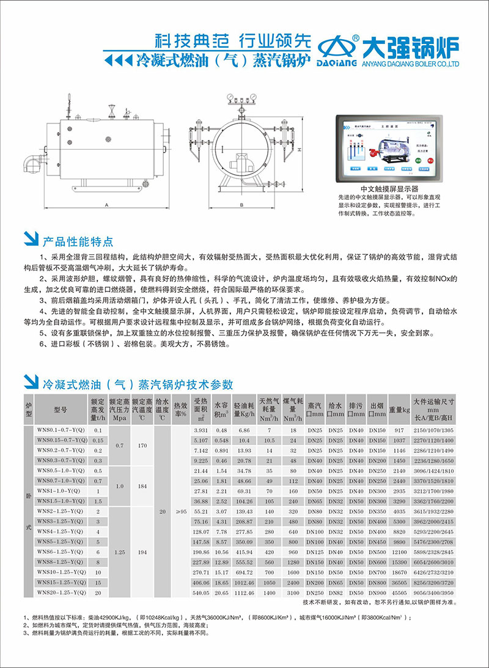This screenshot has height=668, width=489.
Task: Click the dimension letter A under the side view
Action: [x=106, y=205]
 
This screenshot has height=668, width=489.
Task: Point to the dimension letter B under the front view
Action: [x=242, y=205]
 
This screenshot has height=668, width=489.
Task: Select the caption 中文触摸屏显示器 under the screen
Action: [x=389, y=189]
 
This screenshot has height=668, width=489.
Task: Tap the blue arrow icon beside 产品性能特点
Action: [x=28, y=240]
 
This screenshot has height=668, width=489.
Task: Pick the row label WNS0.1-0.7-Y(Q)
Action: [x=59, y=430]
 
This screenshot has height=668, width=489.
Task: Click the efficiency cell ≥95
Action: [x=180, y=511]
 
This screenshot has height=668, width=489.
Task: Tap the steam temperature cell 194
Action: [x=142, y=551]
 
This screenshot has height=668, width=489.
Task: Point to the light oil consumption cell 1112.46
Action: [x=244, y=592]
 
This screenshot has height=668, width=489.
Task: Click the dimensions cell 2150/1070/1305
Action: [x=434, y=430]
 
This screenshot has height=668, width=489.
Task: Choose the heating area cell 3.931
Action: [x=201, y=430]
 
